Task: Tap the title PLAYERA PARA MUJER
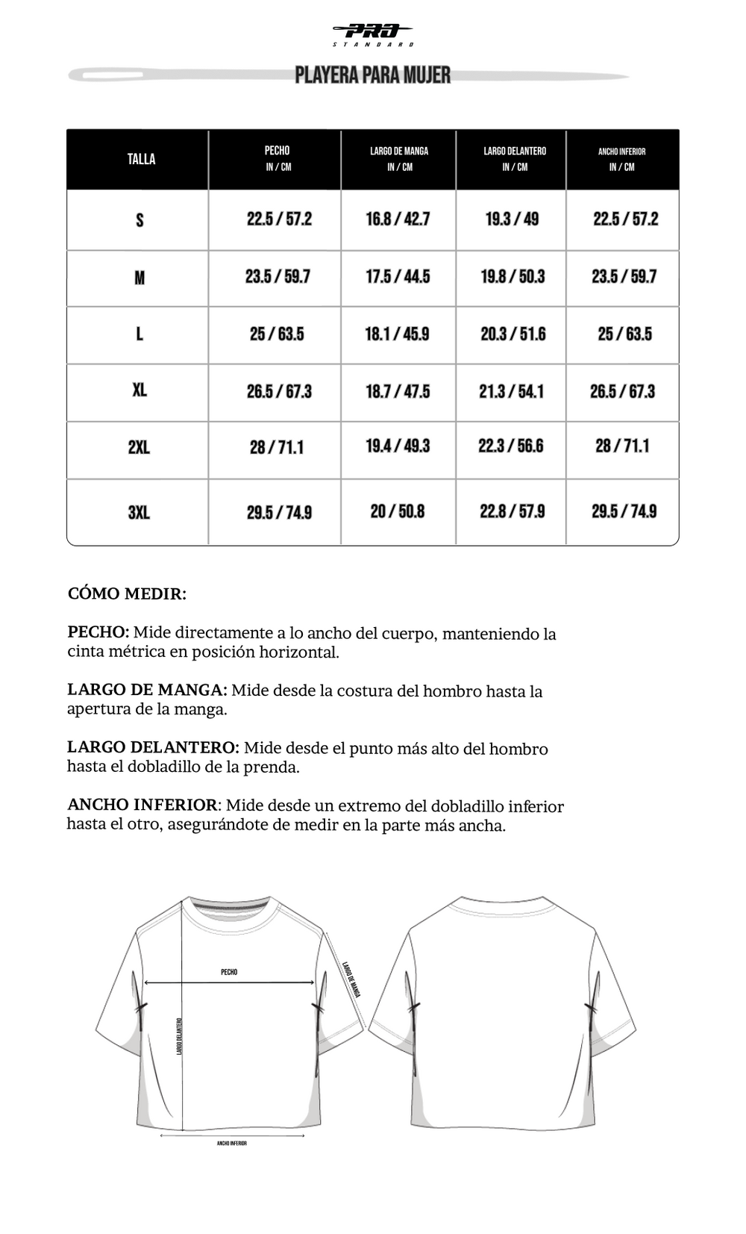(x=372, y=75)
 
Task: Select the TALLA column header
(x=141, y=159)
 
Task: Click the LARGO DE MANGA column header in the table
(x=399, y=158)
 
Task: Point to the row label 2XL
(x=139, y=447)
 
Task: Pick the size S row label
(x=140, y=219)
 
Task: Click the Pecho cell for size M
(x=278, y=277)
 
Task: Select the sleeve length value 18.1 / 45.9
(x=397, y=334)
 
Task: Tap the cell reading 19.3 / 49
(x=512, y=219)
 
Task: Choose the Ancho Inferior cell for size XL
(x=622, y=391)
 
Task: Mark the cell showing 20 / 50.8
(x=398, y=511)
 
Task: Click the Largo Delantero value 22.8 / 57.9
(x=512, y=511)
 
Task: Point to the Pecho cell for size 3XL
(x=279, y=512)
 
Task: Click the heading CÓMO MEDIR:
(x=127, y=594)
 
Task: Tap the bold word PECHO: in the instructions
(x=98, y=632)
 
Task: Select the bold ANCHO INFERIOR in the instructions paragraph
(x=142, y=805)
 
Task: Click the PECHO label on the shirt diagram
(x=229, y=972)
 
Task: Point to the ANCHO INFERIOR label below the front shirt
(x=232, y=1143)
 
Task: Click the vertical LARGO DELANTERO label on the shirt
(x=180, y=1036)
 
